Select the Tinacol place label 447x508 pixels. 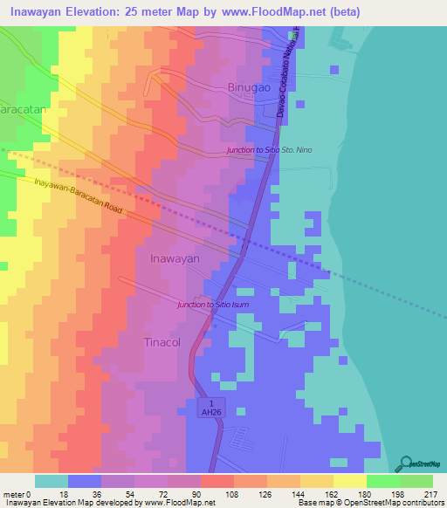[162, 343]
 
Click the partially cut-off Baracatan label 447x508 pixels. [16, 113]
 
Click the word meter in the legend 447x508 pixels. [13, 494]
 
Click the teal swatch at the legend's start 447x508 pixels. [51, 481]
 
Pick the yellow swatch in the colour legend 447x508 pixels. [349, 481]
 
